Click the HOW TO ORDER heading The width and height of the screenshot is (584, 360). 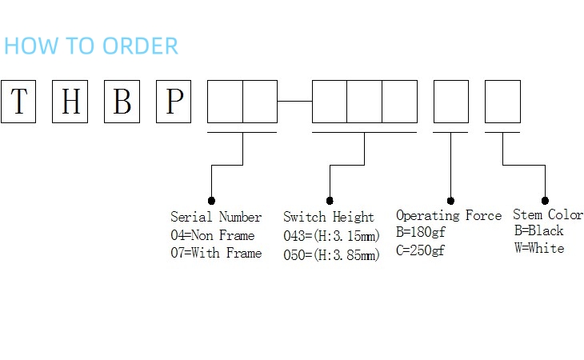[91, 46]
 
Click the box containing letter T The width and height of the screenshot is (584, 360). [18, 102]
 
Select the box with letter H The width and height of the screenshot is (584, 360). [70, 102]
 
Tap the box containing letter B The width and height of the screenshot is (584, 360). [122, 102]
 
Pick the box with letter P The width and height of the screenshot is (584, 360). [174, 102]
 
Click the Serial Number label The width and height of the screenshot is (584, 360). [216, 217]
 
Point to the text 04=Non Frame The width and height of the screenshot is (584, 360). [213, 235]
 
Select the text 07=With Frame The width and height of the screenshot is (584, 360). [216, 253]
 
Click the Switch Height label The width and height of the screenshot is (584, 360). [329, 217]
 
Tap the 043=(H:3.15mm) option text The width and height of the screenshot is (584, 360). [331, 236]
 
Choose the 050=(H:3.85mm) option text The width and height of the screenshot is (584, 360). [331, 255]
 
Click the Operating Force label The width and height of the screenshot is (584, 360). [449, 215]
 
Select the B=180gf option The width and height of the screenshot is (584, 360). [420, 233]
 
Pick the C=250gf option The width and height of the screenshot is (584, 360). [420, 250]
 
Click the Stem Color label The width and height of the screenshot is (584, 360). [548, 214]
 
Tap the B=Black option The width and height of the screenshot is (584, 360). [538, 230]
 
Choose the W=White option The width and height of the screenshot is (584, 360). [539, 248]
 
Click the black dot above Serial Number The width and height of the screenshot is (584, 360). [211, 200]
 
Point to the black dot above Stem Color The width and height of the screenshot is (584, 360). [545, 200]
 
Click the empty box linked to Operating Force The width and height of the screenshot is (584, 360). [450, 102]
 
